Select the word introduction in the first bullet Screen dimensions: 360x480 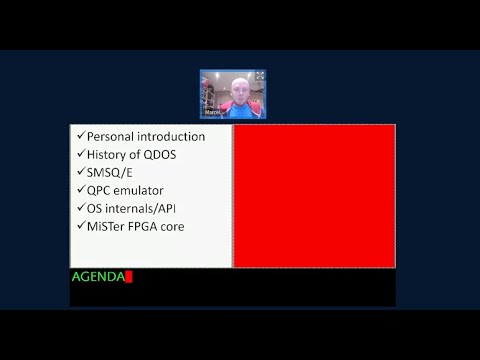[172, 136]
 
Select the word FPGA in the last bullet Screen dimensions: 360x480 [151, 226]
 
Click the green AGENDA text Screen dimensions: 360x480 [98, 276]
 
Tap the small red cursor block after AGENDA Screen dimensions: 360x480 [129, 277]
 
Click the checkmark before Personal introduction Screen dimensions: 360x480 [80, 135]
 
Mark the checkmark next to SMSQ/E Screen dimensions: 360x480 [80, 171]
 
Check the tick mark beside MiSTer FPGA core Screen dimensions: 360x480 [80, 225]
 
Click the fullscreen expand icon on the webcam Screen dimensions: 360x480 [259, 76]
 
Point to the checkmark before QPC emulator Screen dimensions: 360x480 [80, 189]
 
